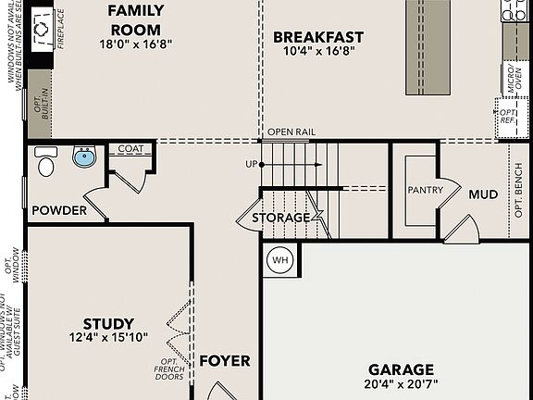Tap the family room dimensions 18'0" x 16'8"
click(136, 43)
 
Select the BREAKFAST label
click(317, 37)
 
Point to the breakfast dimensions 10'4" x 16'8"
click(317, 52)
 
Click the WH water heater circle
click(280, 260)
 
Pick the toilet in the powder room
click(45, 162)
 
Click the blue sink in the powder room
click(84, 156)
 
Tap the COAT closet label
click(130, 148)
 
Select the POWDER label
click(59, 210)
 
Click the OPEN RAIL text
click(291, 132)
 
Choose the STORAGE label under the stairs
click(282, 218)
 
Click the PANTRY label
click(426, 190)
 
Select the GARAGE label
click(401, 368)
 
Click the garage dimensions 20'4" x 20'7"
click(401, 383)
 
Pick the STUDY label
click(108, 323)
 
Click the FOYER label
click(225, 360)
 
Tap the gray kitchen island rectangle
click(427, 46)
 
